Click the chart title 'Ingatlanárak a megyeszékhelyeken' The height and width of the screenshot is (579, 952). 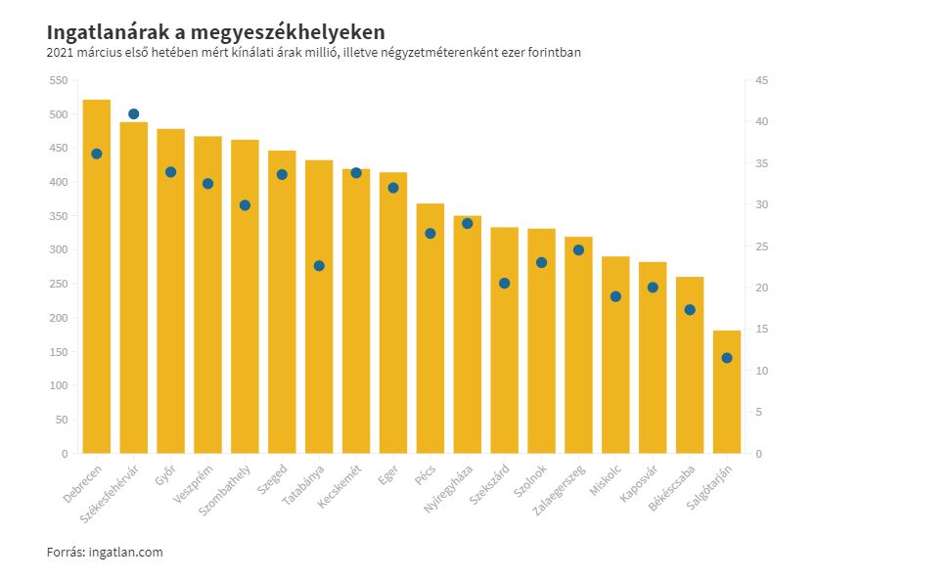point(215,32)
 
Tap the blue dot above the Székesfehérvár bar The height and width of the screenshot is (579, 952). point(133,114)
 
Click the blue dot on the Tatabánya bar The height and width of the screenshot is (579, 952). point(319,266)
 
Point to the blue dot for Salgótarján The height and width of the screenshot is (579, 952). point(727,358)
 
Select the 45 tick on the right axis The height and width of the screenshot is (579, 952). point(761,81)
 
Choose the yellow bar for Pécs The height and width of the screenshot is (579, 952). point(431,333)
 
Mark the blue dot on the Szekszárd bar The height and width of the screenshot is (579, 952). point(505,284)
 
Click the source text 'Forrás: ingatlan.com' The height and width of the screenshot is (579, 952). point(105,553)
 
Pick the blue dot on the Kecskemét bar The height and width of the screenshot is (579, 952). point(356,173)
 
